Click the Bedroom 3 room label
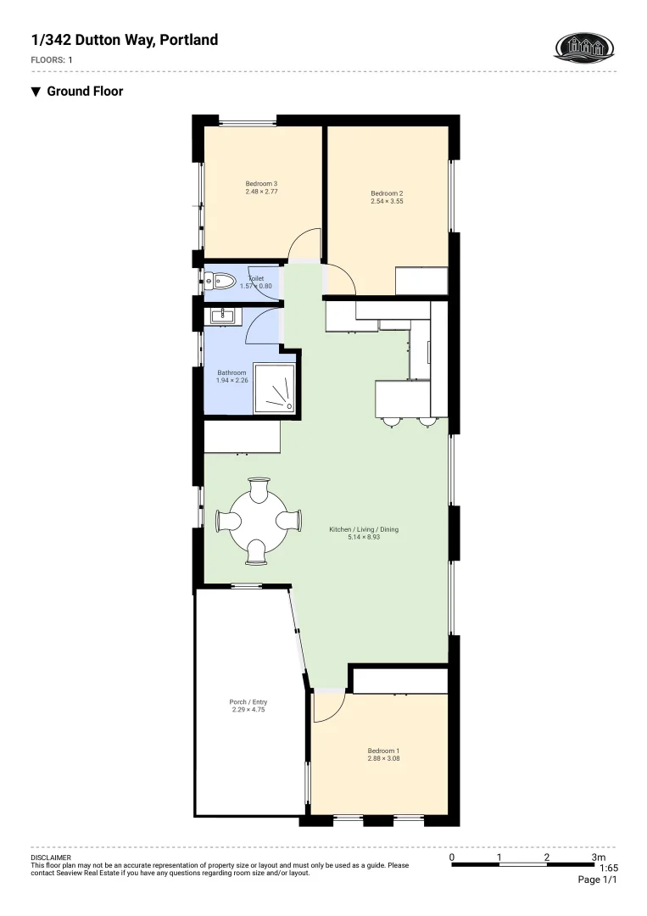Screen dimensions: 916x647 (x=262, y=184)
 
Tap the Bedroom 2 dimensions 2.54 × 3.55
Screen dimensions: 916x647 (x=387, y=202)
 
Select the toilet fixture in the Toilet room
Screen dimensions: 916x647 (x=222, y=279)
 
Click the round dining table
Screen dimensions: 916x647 (x=259, y=520)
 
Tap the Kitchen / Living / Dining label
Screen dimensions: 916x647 (x=364, y=529)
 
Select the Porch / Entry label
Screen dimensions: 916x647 (x=248, y=702)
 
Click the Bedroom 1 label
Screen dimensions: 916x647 (x=383, y=751)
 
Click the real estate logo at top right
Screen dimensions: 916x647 (x=583, y=47)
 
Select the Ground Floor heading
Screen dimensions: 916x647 (x=85, y=92)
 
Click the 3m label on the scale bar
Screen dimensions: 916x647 (x=599, y=857)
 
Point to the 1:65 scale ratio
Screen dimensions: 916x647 (x=608, y=869)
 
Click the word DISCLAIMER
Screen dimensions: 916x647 (x=51, y=857)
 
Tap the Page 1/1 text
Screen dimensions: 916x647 (x=597, y=880)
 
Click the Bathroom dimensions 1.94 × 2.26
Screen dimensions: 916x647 (x=231, y=380)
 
